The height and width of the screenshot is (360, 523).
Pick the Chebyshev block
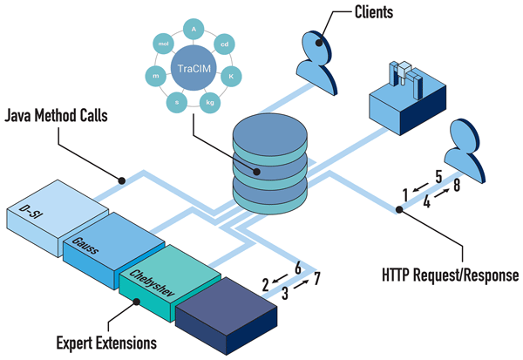tap(157, 279)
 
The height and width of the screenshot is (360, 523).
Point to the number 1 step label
tap(405, 191)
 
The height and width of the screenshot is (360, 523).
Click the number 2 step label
tap(266, 283)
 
